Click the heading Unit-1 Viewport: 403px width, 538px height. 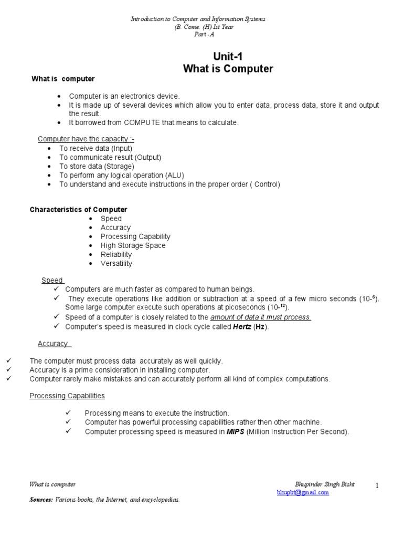[228, 57]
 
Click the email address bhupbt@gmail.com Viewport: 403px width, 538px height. [303, 492]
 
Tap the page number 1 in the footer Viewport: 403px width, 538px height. [377, 486]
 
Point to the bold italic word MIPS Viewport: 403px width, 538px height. [235, 431]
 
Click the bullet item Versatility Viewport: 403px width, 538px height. [116, 263]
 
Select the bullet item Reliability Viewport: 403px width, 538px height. [116, 254]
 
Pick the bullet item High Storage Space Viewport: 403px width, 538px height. [133, 245]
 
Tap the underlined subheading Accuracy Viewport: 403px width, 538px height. [52, 344]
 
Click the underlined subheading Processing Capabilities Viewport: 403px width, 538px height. [67, 396]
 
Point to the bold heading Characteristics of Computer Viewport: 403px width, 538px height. [78, 210]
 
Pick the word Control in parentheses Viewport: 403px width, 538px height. [267, 184]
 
